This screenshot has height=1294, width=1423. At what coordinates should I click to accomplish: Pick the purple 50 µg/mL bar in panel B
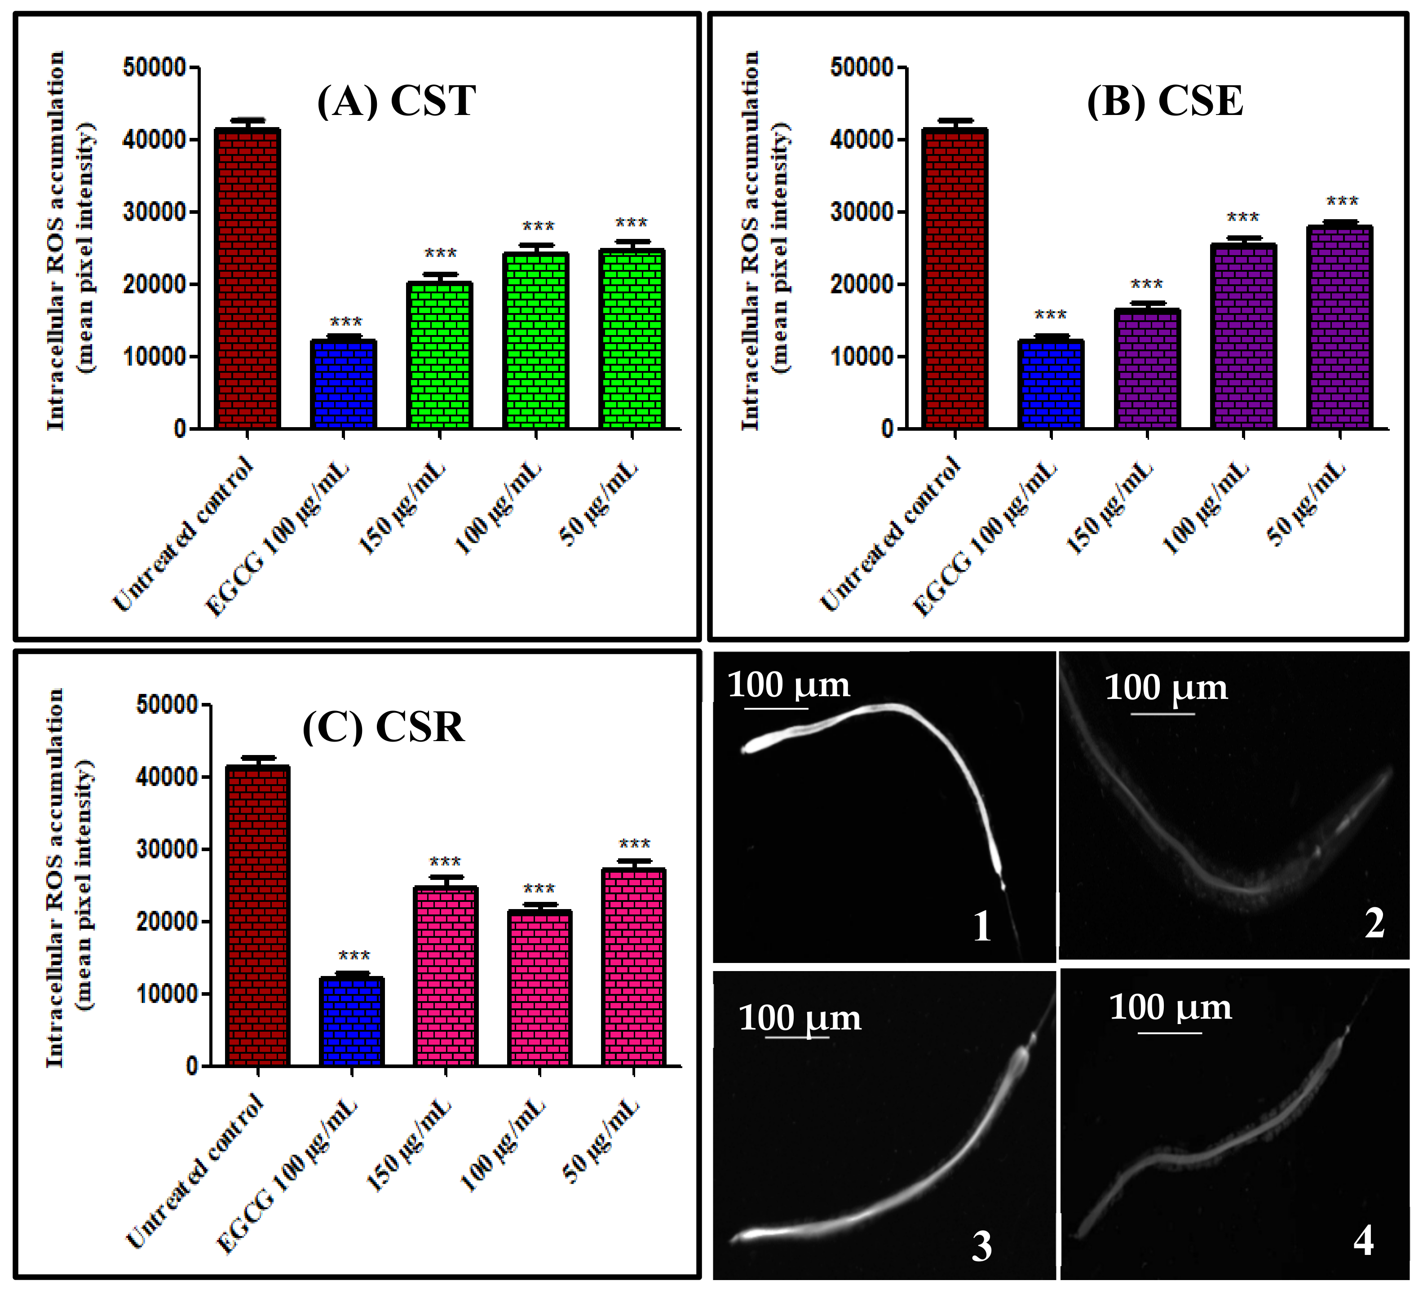pyautogui.click(x=1339, y=327)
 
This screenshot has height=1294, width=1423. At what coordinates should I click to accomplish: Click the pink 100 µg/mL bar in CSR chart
pyautogui.click(x=539, y=988)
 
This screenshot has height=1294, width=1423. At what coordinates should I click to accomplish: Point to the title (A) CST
pyautogui.click(x=396, y=101)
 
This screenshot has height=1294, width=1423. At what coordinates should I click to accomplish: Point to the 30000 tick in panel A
pyautogui.click(x=154, y=212)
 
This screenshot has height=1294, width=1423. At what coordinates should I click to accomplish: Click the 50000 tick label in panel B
pyautogui.click(x=862, y=68)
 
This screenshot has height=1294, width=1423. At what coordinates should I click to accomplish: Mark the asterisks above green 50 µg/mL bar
pyautogui.click(x=631, y=224)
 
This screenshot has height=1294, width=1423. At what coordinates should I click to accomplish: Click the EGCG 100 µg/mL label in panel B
pyautogui.click(x=985, y=539)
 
